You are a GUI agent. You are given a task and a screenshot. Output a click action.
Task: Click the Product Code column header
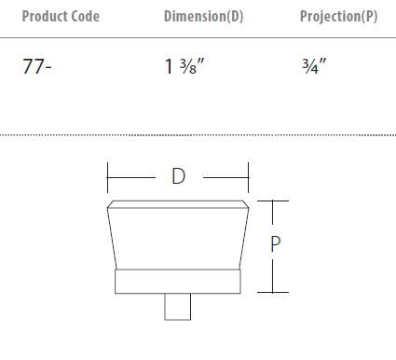(61, 16)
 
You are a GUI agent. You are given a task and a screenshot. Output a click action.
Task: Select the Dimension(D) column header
(203, 17)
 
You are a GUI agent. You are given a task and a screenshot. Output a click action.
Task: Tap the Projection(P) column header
(338, 17)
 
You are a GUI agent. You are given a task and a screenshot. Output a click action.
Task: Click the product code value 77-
(37, 66)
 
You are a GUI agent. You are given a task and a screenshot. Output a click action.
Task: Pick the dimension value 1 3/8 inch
(184, 66)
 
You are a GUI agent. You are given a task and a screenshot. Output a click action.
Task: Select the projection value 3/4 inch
(314, 66)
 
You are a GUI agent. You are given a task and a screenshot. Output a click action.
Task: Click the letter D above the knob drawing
(179, 176)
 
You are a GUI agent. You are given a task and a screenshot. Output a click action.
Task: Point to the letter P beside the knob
(276, 244)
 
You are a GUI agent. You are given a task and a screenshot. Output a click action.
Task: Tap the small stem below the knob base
(178, 307)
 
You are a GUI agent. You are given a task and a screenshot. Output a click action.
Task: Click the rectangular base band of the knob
(178, 282)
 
